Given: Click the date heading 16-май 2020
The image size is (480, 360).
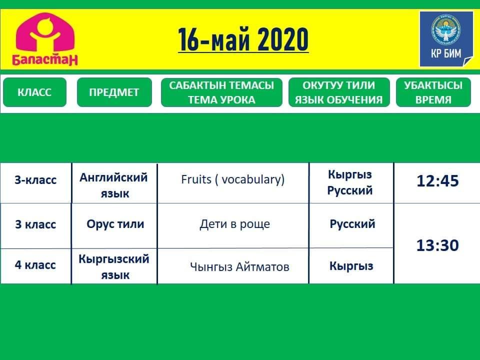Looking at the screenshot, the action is [x=243, y=39].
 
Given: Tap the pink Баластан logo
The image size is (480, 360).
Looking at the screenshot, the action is [x=45, y=39].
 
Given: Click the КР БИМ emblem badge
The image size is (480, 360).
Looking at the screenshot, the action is [x=446, y=39].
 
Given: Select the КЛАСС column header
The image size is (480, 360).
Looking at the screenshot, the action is [x=34, y=92].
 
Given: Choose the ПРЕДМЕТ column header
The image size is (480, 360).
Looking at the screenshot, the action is [x=114, y=92].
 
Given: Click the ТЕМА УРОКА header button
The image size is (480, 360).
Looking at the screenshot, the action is [x=221, y=92].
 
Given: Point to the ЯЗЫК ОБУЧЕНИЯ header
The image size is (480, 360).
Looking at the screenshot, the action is [x=339, y=92].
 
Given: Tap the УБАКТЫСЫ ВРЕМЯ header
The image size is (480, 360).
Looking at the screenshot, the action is [x=433, y=92].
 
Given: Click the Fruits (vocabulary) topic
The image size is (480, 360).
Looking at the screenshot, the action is [x=232, y=179].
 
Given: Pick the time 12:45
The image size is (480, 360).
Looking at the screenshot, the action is [x=438, y=180].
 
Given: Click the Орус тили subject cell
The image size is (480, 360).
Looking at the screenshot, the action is [x=115, y=224].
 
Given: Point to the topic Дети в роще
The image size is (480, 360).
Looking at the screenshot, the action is [x=235, y=224].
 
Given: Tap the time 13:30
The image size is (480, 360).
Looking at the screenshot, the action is [x=438, y=245].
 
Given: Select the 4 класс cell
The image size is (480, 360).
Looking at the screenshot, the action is [x=35, y=265].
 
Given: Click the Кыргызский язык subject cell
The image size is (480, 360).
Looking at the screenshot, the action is [x=114, y=266].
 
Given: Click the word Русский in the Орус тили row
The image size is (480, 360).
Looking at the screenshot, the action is [x=352, y=224].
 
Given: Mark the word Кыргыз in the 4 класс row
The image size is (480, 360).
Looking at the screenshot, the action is [x=351, y=266].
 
